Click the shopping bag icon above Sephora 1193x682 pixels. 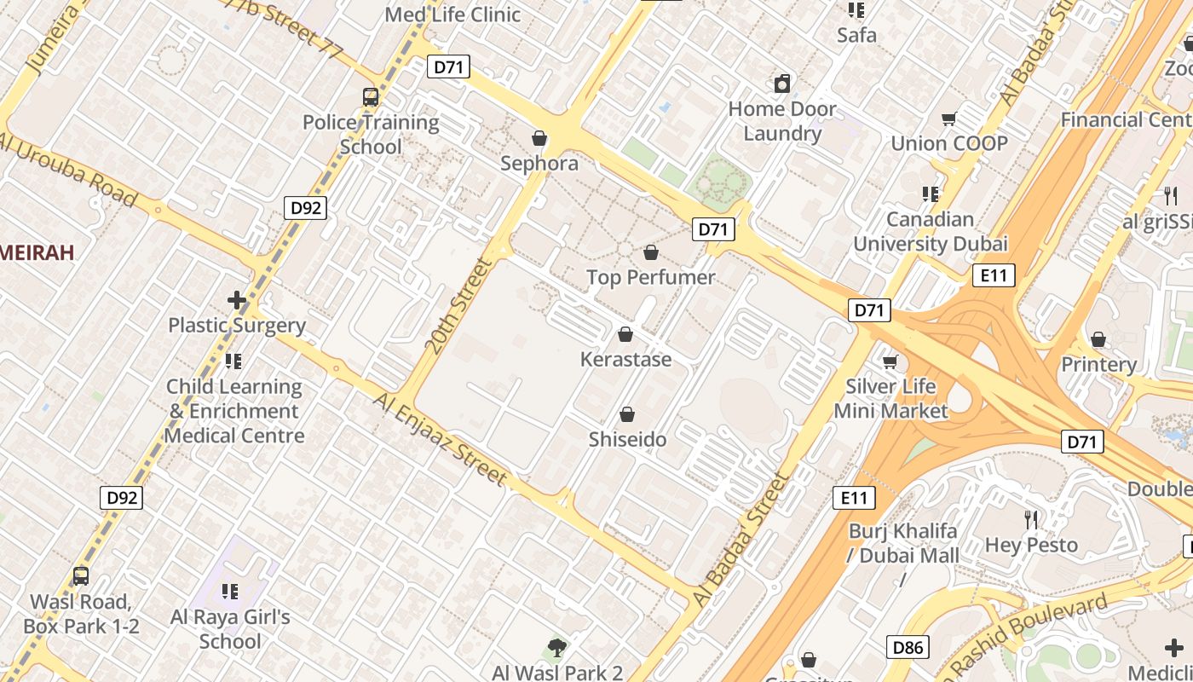tap(539, 137)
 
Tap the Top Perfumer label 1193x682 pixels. tap(651, 277)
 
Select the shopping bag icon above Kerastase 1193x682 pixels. tap(625, 334)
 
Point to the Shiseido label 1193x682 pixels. tap(627, 440)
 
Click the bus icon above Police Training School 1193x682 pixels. tap(370, 97)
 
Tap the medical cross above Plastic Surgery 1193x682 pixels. tap(237, 300)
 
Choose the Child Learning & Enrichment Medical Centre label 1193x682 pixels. tap(234, 411)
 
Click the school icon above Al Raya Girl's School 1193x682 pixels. tap(229, 591)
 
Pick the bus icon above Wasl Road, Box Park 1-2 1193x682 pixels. tap(80, 576)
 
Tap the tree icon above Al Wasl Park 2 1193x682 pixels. tap(557, 648)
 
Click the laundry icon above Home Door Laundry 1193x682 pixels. tap(782, 84)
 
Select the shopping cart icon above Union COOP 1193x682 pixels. tap(948, 118)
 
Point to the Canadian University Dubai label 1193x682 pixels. tap(931, 232)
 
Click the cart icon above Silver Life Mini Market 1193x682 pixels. tap(890, 362)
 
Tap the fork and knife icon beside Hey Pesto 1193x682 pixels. tap(1031, 519)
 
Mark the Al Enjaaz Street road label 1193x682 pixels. tap(441, 439)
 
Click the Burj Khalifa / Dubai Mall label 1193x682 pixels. tap(903, 544)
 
